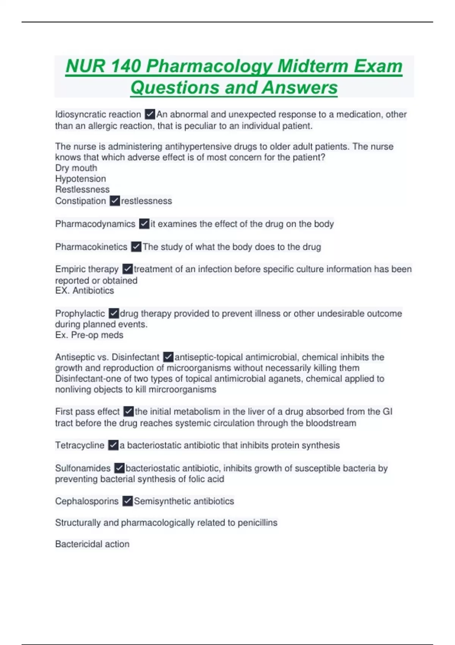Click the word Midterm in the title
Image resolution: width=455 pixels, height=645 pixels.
[x=312, y=66]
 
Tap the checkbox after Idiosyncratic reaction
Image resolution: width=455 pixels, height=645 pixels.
[x=150, y=114]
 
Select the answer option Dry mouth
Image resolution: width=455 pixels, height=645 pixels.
[x=76, y=168]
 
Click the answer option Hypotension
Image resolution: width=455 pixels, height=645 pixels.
[x=81, y=179]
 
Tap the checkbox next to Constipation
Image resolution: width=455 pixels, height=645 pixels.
[x=115, y=201]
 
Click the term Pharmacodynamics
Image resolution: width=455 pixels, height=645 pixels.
[x=95, y=224]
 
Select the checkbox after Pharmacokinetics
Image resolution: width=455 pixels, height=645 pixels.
[x=136, y=247]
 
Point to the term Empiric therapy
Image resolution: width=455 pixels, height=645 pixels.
[x=87, y=269]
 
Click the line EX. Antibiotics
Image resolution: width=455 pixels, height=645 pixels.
[x=85, y=291]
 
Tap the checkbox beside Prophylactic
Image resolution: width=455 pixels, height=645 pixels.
[x=114, y=313]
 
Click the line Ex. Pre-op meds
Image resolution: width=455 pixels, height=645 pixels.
[x=89, y=335]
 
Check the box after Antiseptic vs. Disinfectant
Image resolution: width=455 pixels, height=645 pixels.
[x=168, y=357]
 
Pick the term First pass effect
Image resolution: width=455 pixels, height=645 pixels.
[x=87, y=412]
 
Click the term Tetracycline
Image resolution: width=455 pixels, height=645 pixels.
[x=80, y=445]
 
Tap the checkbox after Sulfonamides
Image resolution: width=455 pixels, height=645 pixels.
[x=119, y=468]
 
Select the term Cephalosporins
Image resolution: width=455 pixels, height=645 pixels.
[x=87, y=501]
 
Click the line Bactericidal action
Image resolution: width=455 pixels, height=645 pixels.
[x=92, y=544]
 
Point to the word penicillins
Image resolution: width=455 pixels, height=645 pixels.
[x=257, y=523]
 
